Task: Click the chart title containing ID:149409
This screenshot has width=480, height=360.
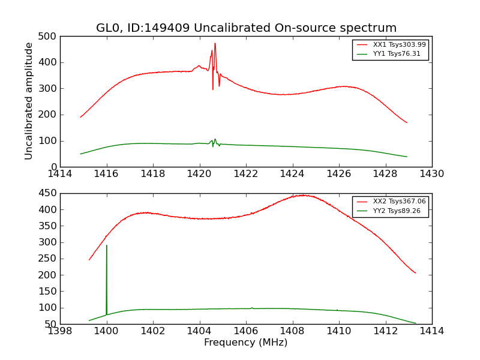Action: click(246, 28)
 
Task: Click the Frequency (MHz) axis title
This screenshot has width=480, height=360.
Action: click(245, 343)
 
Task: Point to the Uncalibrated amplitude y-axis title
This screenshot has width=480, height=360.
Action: click(29, 101)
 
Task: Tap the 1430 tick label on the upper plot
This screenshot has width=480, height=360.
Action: click(431, 174)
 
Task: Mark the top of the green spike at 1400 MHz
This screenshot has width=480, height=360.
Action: click(107, 245)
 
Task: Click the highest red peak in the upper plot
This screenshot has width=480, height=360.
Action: click(215, 43)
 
